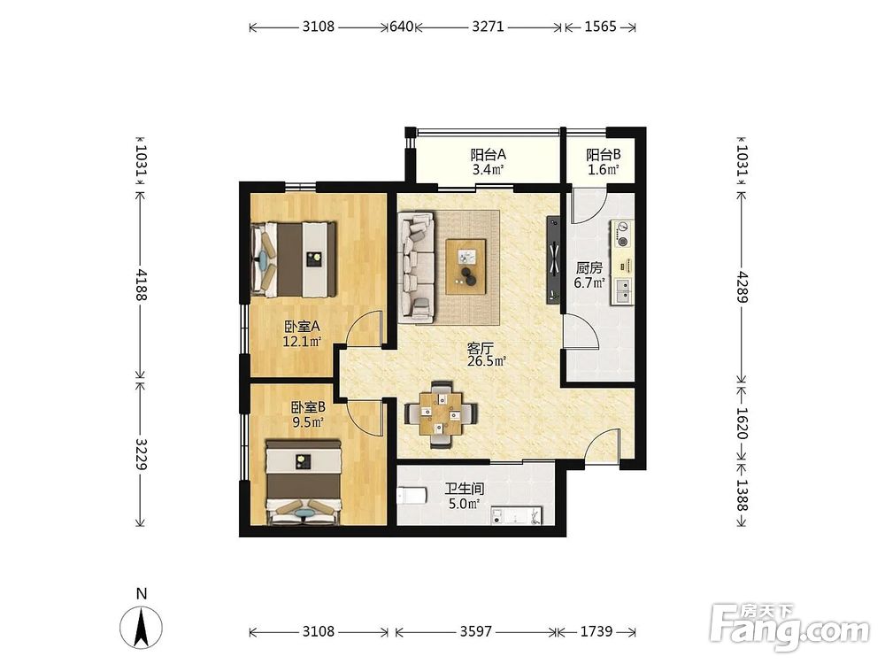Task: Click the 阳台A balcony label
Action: click(x=488, y=154)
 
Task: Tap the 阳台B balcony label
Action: click(x=604, y=154)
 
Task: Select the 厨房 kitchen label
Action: click(x=589, y=268)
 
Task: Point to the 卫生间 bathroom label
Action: click(x=464, y=489)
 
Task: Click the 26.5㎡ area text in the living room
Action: click(x=486, y=361)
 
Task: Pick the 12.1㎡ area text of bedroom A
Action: click(x=302, y=341)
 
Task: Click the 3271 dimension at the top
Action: click(x=488, y=27)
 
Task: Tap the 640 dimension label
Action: click(x=401, y=27)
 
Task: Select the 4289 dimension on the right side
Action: click(x=743, y=288)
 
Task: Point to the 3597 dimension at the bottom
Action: click(x=476, y=631)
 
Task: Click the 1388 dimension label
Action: click(x=743, y=495)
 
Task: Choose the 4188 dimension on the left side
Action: click(x=141, y=284)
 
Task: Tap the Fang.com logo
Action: click(x=789, y=627)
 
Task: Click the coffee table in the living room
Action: click(x=466, y=266)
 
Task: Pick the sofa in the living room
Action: click(x=416, y=266)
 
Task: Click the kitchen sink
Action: click(x=623, y=291)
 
